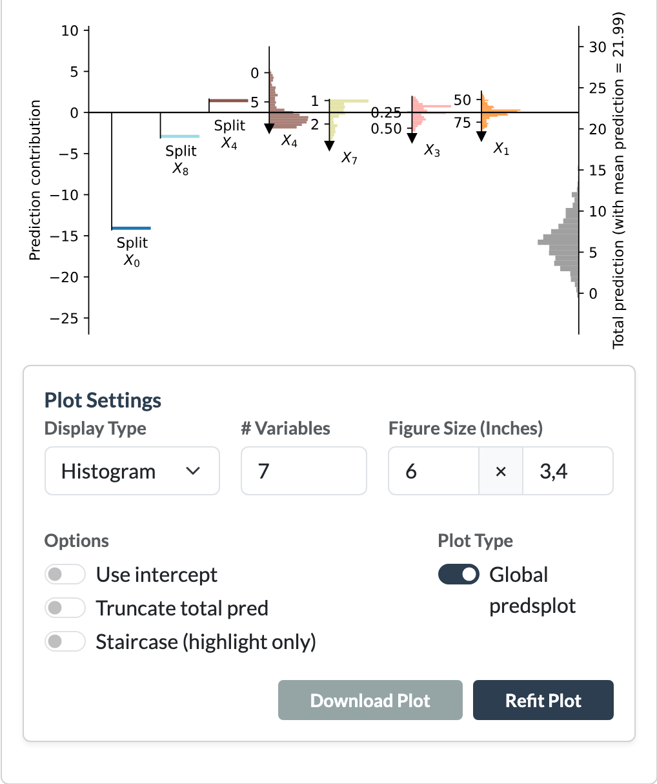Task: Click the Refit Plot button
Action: (x=543, y=700)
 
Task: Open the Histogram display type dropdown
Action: (x=132, y=471)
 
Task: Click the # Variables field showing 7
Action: (x=303, y=471)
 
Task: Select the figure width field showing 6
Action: (x=433, y=471)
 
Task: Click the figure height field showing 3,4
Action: (x=568, y=471)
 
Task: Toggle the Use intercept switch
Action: (x=65, y=574)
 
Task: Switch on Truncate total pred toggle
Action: (x=65, y=608)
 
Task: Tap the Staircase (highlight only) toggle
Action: (x=65, y=641)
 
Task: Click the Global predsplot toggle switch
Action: (x=458, y=574)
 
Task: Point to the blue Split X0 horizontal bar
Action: (x=131, y=228)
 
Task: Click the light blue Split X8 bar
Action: (x=180, y=136)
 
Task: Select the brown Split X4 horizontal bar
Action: (x=228, y=100)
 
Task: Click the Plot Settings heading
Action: (x=103, y=400)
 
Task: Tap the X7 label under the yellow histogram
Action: (x=349, y=158)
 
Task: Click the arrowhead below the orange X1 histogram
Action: (x=481, y=136)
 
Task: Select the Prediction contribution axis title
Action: (x=34, y=180)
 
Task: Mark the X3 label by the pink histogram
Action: (x=432, y=150)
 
